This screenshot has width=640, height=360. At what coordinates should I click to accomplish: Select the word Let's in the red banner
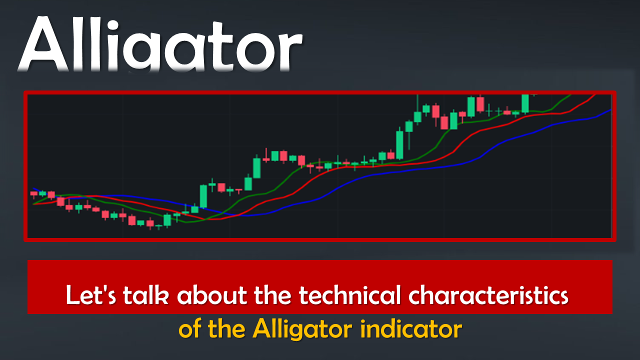pyautogui.click(x=91, y=294)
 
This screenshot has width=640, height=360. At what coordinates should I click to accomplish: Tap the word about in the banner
pyautogui.click(x=211, y=294)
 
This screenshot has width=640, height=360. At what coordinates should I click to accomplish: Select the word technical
pyautogui.click(x=349, y=294)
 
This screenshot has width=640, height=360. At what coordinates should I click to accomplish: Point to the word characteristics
pyautogui.click(x=488, y=294)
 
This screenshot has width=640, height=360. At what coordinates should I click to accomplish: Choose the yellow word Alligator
pyautogui.click(x=302, y=329)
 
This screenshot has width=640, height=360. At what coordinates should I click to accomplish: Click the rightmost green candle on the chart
pyautogui.click(x=525, y=104)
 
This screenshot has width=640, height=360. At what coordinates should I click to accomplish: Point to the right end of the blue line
pyautogui.click(x=611, y=109)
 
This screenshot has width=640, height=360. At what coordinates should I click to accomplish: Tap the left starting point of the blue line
pyautogui.click(x=33, y=188)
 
